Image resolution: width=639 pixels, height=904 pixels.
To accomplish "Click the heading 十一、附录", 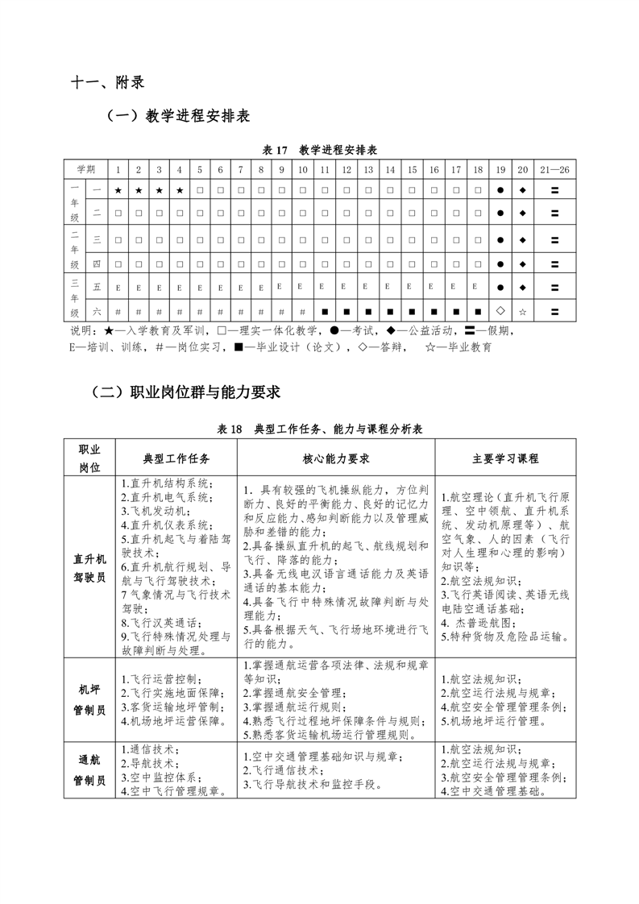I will [107, 82].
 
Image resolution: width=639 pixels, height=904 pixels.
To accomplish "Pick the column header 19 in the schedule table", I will [500, 169].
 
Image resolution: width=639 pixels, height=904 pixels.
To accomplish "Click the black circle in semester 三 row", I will [500, 240].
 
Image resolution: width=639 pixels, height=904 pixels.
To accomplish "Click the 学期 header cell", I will [85, 169].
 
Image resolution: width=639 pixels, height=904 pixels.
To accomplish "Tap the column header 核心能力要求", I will [336, 458].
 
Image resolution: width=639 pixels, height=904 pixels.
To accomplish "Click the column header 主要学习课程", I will [505, 458].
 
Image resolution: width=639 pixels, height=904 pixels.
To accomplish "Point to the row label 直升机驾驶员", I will [89, 567].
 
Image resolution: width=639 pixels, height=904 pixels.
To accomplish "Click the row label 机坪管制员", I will [89, 699].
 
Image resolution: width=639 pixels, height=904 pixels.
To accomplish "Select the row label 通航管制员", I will [89, 770].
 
